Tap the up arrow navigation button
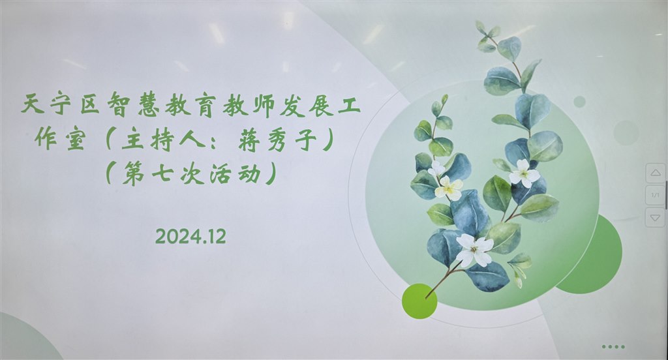(655, 173)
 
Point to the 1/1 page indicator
(655, 195)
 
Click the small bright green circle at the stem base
(419, 301)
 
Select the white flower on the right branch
(524, 173)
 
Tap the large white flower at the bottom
(475, 250)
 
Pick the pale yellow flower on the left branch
(448, 188)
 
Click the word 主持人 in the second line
(166, 140)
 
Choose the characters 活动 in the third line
(235, 175)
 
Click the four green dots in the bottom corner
(613, 347)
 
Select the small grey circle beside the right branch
(579, 101)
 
